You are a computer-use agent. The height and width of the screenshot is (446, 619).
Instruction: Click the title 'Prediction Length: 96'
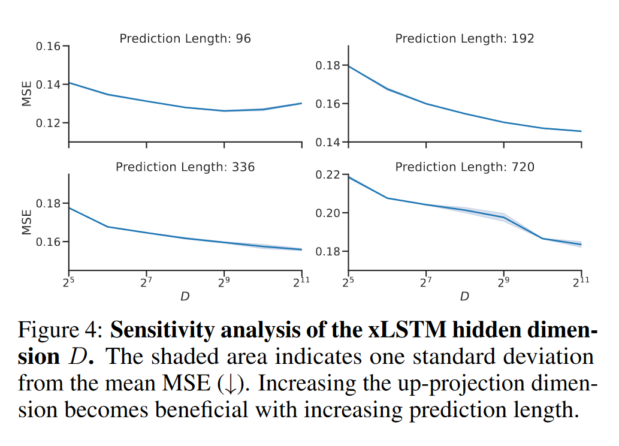pos(185,39)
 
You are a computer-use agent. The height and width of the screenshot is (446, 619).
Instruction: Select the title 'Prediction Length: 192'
pos(464,39)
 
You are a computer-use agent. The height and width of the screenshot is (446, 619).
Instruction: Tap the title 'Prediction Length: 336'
pos(185,167)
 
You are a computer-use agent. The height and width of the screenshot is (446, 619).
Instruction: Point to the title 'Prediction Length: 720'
pos(464,167)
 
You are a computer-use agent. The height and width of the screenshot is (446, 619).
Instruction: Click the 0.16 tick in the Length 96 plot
pos(49,46)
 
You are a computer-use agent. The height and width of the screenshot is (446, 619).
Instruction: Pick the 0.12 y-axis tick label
pos(49,123)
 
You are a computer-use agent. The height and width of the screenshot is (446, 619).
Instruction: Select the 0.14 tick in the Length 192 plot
pos(328,143)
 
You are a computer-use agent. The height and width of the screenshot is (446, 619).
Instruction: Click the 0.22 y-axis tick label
pos(328,175)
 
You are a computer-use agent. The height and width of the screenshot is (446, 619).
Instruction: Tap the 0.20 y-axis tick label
pos(328,213)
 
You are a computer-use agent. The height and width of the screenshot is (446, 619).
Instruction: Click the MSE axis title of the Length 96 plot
pos(27,94)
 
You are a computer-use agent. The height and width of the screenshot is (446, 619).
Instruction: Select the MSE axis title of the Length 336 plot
pos(27,222)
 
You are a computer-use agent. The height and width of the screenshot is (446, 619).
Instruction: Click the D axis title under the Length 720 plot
pos(464,297)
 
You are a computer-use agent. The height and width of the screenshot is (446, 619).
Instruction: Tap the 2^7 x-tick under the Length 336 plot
pos(147,282)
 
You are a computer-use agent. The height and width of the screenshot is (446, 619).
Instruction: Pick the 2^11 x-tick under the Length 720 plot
pos(581,282)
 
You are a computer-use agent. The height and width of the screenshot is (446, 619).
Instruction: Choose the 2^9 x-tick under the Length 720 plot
pos(504,282)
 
